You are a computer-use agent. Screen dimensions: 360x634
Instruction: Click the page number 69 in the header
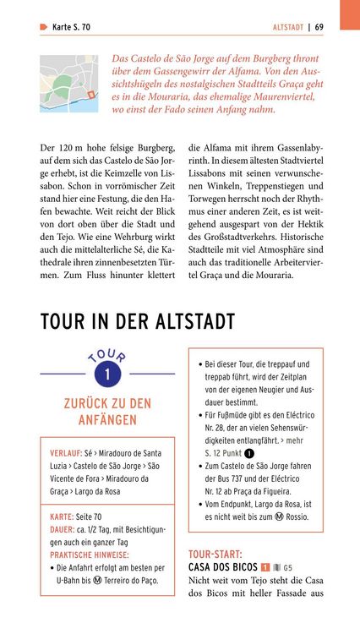point(319,27)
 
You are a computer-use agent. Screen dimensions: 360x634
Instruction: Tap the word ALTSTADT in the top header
point(288,27)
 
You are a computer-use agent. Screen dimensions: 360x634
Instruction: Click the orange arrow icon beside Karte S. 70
point(43,27)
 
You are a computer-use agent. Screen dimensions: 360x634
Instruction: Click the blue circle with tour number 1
point(107,373)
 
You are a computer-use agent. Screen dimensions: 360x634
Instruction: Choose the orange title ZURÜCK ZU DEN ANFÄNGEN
point(107,412)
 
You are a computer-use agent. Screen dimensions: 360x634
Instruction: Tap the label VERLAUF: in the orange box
point(66,452)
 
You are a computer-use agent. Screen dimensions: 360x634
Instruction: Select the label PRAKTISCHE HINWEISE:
point(89,555)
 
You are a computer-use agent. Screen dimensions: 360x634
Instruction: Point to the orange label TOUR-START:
point(215,554)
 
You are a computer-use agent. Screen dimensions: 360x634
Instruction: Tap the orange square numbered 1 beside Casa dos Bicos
point(265,567)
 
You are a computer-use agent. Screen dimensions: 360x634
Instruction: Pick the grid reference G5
point(288,567)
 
